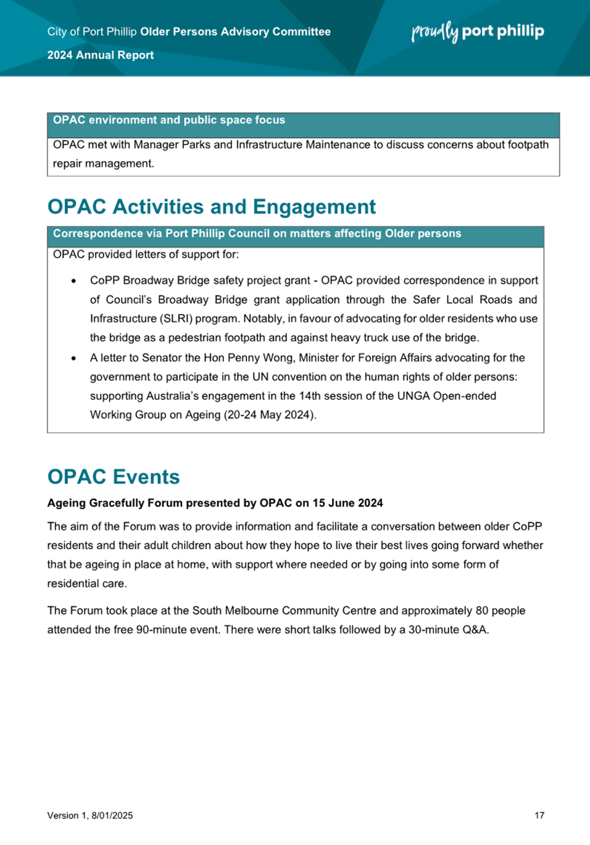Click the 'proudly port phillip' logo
pyautogui.click(x=478, y=31)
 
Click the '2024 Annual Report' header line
pyautogui.click(x=101, y=55)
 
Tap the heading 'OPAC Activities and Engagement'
pyautogui.click(x=211, y=207)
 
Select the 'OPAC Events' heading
pyautogui.click(x=114, y=477)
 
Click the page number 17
pyautogui.click(x=539, y=815)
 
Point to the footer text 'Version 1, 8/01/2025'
pyautogui.click(x=90, y=815)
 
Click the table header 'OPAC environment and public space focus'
pyautogui.click(x=169, y=120)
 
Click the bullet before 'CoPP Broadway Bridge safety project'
pyautogui.click(x=74, y=281)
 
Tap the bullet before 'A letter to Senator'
pyautogui.click(x=74, y=358)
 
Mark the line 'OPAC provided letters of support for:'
pyautogui.click(x=146, y=254)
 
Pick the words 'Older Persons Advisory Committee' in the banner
pyautogui.click(x=235, y=31)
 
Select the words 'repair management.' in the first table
pyautogui.click(x=104, y=164)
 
